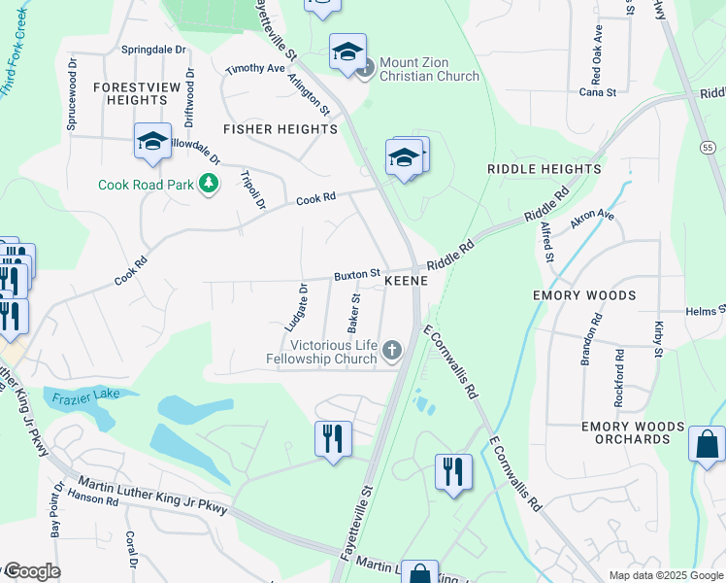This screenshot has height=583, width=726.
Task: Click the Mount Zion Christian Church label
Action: click(429, 69)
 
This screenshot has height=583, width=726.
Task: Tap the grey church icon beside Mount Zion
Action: click(366, 68)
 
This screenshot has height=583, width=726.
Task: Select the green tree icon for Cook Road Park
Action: click(207, 184)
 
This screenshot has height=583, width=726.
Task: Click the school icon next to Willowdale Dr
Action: click(152, 143)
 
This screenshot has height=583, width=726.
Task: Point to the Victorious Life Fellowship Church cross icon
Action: click(392, 350)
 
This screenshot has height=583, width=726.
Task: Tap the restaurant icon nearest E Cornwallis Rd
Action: click(453, 473)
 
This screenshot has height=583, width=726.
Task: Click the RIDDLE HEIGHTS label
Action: click(544, 169)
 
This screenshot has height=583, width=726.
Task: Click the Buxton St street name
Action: click(356, 276)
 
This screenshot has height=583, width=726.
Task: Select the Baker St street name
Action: click(354, 311)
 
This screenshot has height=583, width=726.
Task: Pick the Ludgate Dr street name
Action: click(296, 308)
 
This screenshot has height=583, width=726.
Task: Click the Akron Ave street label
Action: click(593, 219)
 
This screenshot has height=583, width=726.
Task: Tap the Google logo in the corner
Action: click(31, 571)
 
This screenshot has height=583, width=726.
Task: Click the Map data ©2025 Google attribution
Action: click(665, 575)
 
